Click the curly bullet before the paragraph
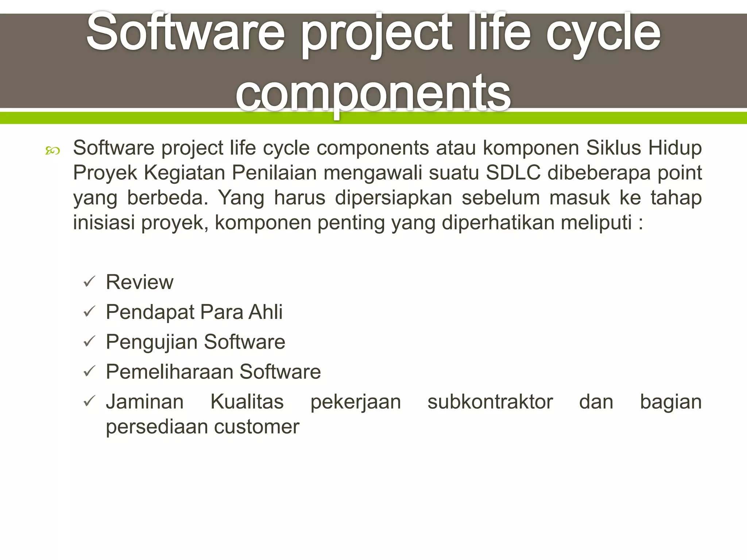[x=53, y=150]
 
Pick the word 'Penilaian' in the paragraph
[x=274, y=172]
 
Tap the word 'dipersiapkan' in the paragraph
[x=394, y=198]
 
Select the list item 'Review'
[x=139, y=282]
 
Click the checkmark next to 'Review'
[x=89, y=282]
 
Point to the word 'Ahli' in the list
[x=265, y=312]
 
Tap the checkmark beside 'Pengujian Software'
[x=89, y=342]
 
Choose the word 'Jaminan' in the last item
[x=144, y=401]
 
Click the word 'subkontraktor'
[x=490, y=401]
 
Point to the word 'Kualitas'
[x=247, y=401]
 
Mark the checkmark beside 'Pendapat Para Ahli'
[x=89, y=312]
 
